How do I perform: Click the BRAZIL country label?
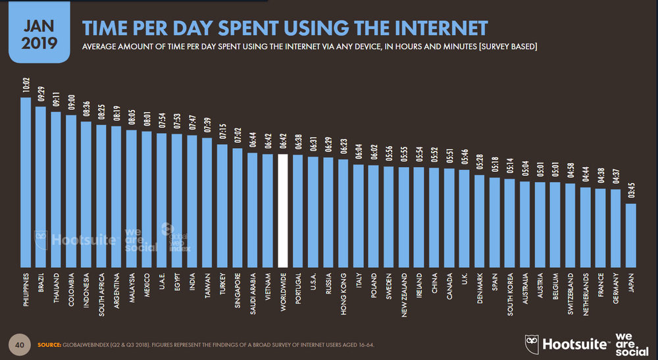coord(41,282)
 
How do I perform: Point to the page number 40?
coord(20,344)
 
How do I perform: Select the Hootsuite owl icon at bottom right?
coord(532,344)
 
